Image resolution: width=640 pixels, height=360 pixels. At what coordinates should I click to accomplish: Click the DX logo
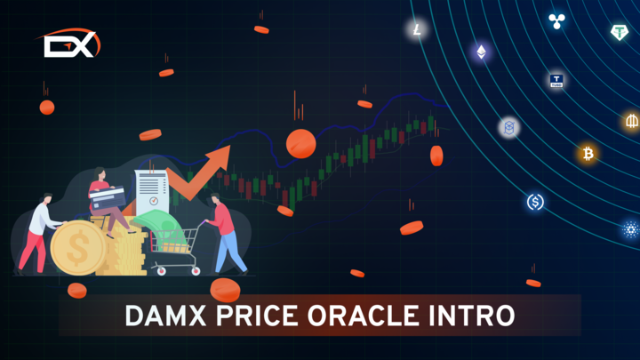(x=69, y=44)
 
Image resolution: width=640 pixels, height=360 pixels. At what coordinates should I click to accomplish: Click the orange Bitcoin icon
(x=588, y=154)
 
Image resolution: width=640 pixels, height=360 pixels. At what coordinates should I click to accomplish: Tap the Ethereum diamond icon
(x=482, y=52)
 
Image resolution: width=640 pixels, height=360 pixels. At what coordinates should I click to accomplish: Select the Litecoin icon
(x=417, y=30)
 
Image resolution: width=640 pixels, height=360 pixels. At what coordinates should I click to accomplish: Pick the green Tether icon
(x=620, y=33)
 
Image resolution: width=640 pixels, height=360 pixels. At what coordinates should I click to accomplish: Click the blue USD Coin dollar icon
(x=535, y=203)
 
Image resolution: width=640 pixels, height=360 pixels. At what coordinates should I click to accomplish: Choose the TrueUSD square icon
(x=557, y=81)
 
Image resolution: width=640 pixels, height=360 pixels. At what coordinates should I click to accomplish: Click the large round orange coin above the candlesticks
(x=300, y=142)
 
